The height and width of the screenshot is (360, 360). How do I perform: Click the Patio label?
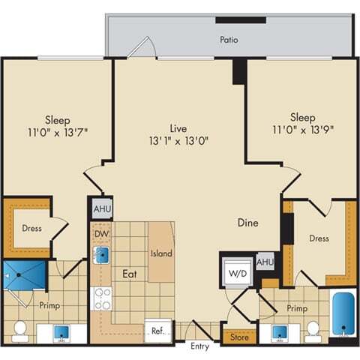[229, 40]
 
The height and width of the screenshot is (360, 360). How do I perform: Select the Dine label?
[249, 222]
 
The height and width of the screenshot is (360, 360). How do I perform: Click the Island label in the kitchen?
[161, 253]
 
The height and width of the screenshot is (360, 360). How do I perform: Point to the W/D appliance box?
[236, 272]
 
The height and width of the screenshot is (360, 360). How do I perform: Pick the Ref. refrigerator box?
[158, 330]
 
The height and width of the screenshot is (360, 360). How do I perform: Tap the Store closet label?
[239, 337]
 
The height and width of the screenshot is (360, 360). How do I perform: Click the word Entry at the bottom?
[200, 346]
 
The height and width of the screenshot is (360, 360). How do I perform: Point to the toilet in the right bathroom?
[313, 330]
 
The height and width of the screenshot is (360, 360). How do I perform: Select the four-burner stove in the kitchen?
[101, 298]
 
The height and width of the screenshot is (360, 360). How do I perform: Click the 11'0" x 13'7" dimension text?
[58, 133]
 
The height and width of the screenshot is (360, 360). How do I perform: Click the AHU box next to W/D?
[265, 262]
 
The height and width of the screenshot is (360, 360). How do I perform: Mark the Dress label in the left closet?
[31, 228]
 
